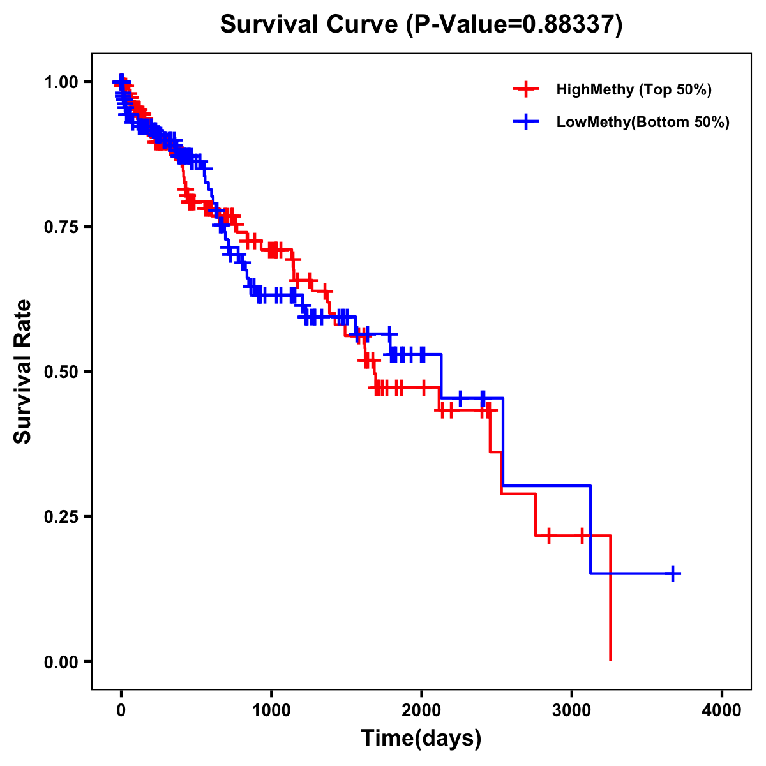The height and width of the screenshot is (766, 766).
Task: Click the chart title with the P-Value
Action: point(421,24)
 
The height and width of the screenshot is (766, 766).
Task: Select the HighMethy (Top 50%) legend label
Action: point(633,89)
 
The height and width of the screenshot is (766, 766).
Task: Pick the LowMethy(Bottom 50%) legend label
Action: point(642,122)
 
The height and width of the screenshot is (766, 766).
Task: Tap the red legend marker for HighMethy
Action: point(526,89)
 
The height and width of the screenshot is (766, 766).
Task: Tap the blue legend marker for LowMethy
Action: point(526,122)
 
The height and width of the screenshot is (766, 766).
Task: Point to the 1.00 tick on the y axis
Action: point(60,82)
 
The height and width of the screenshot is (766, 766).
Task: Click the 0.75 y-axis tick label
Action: point(60,227)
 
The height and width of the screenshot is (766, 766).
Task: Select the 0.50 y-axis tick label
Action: point(60,372)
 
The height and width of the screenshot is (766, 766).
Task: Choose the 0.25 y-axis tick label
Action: point(60,517)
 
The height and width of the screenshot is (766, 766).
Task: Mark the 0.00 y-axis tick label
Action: point(60,662)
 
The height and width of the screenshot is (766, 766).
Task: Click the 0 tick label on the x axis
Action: point(121,710)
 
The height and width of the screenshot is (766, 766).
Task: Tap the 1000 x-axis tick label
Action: point(271,710)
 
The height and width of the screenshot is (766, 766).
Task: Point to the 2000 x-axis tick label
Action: point(421,710)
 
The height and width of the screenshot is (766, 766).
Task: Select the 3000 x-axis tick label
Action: point(572,710)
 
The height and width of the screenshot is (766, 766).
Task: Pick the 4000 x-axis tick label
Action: point(722,710)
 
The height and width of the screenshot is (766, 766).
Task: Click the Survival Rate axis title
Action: point(23,372)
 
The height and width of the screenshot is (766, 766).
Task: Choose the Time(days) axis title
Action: point(421,739)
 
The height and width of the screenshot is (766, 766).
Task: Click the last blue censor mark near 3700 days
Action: point(673,573)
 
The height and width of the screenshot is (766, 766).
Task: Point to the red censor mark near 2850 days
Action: point(548,536)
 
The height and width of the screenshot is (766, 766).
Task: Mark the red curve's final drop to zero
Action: point(611,638)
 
